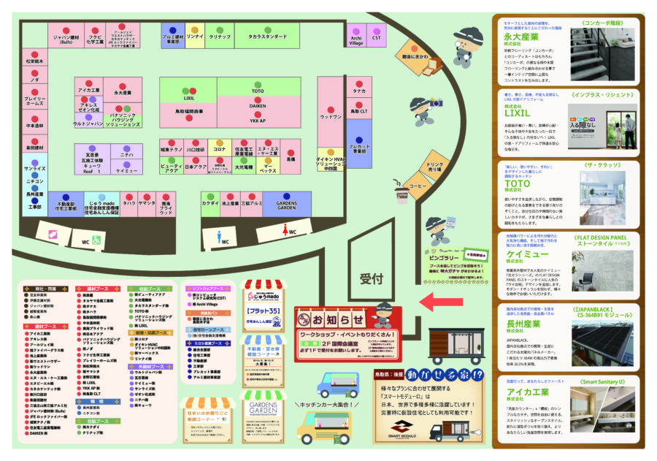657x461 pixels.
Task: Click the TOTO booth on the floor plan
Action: point(258,91)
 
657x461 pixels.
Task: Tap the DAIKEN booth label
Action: point(258,106)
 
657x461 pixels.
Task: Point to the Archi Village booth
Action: point(356,40)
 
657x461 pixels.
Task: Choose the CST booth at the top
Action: point(377,37)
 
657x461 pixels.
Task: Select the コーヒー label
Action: point(418,186)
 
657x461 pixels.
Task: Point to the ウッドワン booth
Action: point(331,117)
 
